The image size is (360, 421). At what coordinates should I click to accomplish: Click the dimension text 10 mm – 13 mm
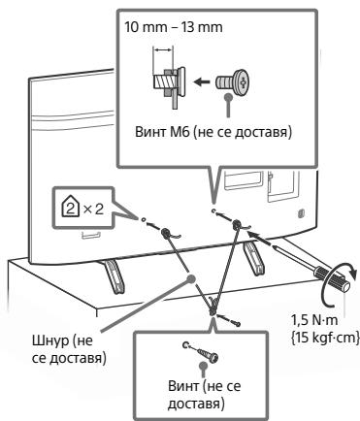[x=174, y=27]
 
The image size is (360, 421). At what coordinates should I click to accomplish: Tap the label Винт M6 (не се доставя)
[x=213, y=132]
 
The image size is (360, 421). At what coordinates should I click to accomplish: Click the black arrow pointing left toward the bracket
[x=202, y=81]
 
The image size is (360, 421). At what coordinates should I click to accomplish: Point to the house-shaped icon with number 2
[x=70, y=208]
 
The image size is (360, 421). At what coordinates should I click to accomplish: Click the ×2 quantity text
[x=93, y=210]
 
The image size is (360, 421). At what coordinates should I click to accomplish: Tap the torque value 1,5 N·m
[x=314, y=320]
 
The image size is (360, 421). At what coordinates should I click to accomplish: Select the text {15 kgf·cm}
[x=325, y=338]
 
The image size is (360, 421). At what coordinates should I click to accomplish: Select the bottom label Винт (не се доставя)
[x=205, y=395]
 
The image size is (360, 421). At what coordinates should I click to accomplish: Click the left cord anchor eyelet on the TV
[x=165, y=232]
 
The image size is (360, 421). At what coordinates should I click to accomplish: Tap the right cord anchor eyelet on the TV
[x=237, y=223]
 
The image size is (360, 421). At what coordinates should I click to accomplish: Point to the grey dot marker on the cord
[x=191, y=278]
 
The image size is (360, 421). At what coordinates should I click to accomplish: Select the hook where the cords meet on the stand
[x=212, y=308]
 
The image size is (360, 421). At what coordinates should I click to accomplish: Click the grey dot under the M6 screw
[x=228, y=97]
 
